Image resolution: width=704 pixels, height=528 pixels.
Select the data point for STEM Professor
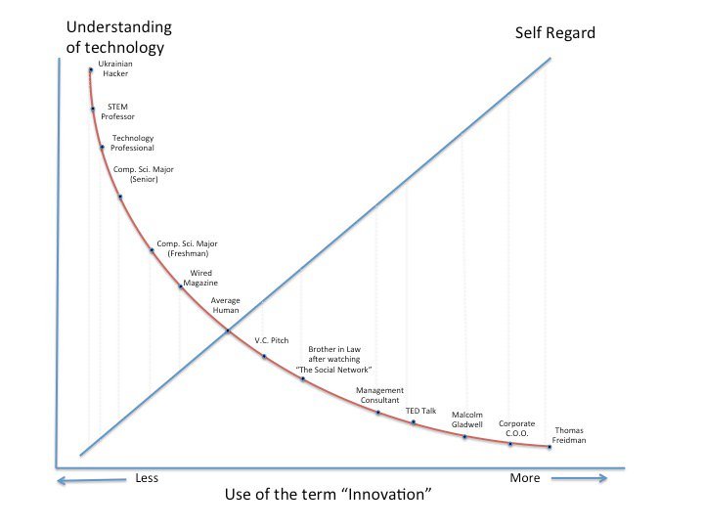coord(93,110)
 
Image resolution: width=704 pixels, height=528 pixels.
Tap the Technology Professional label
coord(132,143)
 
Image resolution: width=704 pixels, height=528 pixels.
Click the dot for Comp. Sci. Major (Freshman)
coord(152,250)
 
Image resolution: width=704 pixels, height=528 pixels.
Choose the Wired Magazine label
coord(200,278)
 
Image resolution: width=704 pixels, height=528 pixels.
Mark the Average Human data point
coord(228,330)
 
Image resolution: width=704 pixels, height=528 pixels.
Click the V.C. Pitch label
coord(269,340)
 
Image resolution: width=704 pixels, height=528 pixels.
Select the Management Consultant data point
coord(378,413)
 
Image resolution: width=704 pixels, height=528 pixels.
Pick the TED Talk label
coord(420,411)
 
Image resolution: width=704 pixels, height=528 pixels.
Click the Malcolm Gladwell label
coord(467,419)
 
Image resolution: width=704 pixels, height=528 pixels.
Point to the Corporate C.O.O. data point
coord(509,444)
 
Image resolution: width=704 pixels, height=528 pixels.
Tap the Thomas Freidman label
coord(570,435)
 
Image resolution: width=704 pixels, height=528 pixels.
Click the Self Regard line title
coord(554,33)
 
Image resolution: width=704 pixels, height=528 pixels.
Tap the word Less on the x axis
coord(146,478)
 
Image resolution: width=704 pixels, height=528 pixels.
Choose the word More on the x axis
coord(524,478)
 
